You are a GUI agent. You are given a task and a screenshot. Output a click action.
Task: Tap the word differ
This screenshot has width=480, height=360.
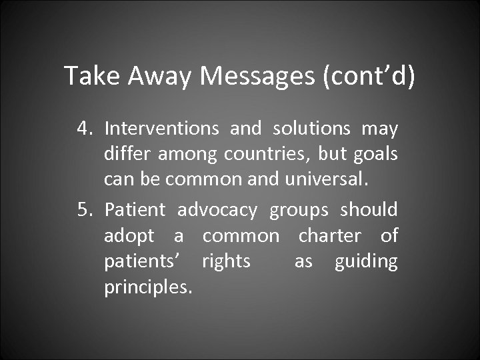pos(125,155)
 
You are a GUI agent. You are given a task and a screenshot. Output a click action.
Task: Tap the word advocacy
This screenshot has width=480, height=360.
pos(217,211)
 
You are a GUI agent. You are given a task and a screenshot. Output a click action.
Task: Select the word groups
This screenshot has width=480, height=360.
pos(299,211)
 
